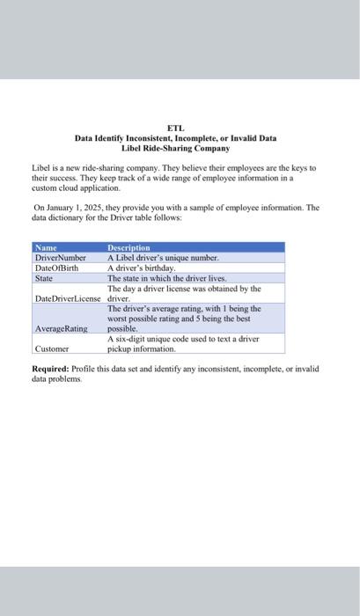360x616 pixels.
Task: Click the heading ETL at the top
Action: coord(175,128)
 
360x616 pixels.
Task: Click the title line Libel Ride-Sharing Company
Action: coord(175,148)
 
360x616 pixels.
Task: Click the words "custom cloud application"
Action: coord(72,187)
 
